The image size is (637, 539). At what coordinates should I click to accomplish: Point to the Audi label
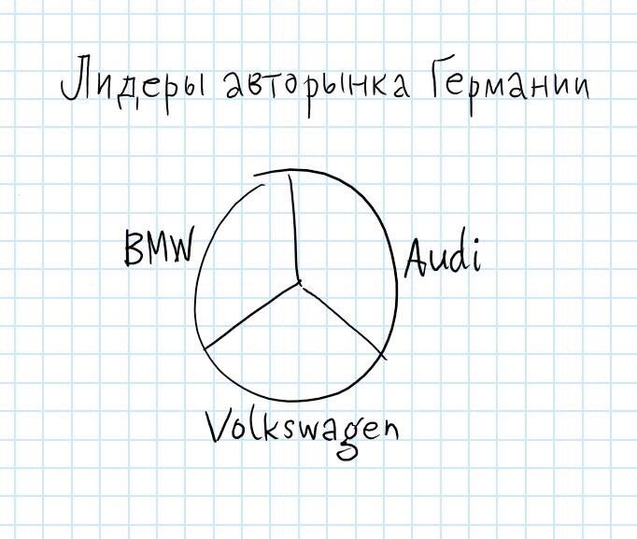coord(442,257)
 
